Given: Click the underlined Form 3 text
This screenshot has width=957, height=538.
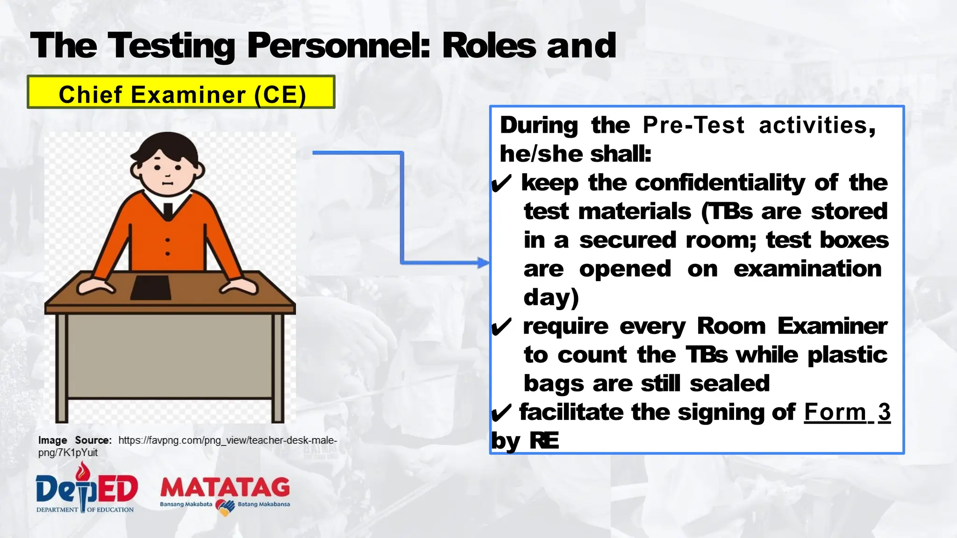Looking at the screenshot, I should [847, 412].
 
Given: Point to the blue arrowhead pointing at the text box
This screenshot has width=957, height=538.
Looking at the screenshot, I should [483, 262].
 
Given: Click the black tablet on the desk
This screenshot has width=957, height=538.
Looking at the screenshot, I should [150, 287].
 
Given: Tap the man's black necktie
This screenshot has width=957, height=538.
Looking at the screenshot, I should [167, 211].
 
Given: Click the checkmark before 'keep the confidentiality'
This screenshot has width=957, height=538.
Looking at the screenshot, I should [502, 184].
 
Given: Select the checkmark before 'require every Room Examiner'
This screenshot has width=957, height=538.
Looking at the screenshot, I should [502, 327].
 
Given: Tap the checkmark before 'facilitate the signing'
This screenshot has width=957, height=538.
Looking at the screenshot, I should [502, 413].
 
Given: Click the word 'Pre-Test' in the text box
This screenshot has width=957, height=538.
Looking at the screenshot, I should [693, 126].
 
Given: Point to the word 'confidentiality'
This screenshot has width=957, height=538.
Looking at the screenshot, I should [720, 183].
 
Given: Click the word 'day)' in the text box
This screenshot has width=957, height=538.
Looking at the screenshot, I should [551, 298].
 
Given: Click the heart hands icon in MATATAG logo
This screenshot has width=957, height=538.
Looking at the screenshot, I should [225, 507].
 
